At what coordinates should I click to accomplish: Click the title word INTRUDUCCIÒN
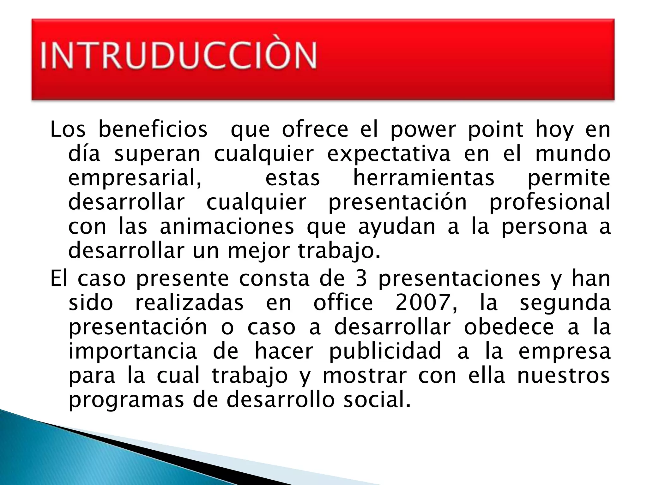click(178, 55)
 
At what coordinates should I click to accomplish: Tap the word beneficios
click(153, 129)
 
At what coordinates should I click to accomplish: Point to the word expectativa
click(389, 154)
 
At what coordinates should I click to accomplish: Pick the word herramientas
click(424, 178)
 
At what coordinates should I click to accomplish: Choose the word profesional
click(550, 202)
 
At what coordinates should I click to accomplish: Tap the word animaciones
click(227, 226)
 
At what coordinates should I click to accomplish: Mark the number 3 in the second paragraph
click(361, 278)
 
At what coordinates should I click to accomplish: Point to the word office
click(343, 302)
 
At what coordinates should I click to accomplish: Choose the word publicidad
click(385, 351)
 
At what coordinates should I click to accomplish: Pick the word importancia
click(133, 351)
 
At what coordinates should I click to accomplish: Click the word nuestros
click(563, 376)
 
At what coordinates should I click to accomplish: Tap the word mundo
click(573, 154)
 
